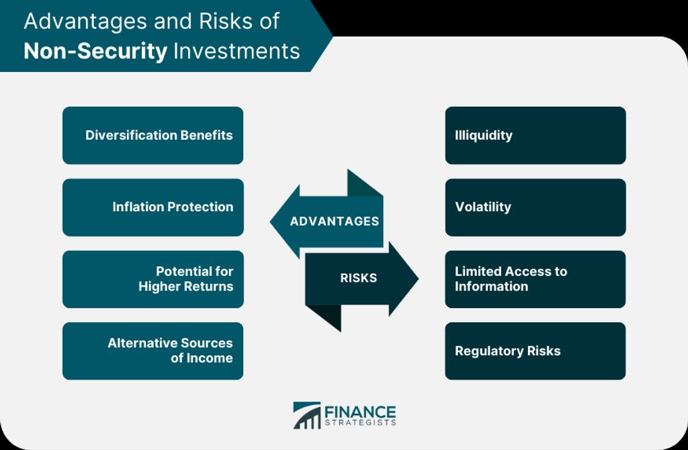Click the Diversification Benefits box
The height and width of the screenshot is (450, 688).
click(x=153, y=135)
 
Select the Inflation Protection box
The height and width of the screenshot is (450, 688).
click(x=153, y=207)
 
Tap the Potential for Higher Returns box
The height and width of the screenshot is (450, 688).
click(x=153, y=279)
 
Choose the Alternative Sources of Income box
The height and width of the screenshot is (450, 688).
click(x=153, y=351)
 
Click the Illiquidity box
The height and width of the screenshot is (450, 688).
click(x=535, y=135)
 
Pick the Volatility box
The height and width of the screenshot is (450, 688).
click(x=535, y=207)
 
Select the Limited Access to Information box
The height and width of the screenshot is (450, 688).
click(x=535, y=279)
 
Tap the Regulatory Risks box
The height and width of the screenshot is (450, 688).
click(x=535, y=351)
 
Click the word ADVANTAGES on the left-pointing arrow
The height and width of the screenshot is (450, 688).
click(x=335, y=221)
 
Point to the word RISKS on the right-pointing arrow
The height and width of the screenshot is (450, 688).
click(x=359, y=278)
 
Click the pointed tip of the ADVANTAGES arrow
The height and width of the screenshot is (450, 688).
click(x=270, y=221)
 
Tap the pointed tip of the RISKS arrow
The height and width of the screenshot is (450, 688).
click(x=418, y=278)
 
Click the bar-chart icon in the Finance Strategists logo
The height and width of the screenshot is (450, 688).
click(x=306, y=415)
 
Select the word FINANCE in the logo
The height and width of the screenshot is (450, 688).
click(x=360, y=412)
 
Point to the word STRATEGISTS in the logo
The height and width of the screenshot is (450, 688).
click(x=360, y=422)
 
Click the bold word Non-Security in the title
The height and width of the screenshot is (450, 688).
click(x=95, y=51)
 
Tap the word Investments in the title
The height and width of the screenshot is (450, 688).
click(x=237, y=51)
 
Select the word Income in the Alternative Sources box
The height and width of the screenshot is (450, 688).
click(x=210, y=358)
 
